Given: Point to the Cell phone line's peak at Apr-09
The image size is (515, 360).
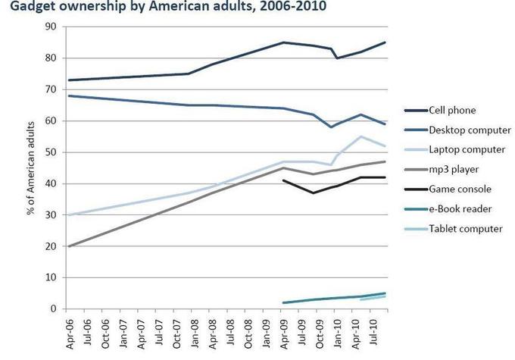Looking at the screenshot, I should [283, 42].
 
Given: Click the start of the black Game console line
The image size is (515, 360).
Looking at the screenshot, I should [283, 180].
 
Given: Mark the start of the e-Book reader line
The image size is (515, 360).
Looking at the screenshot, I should [283, 302].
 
